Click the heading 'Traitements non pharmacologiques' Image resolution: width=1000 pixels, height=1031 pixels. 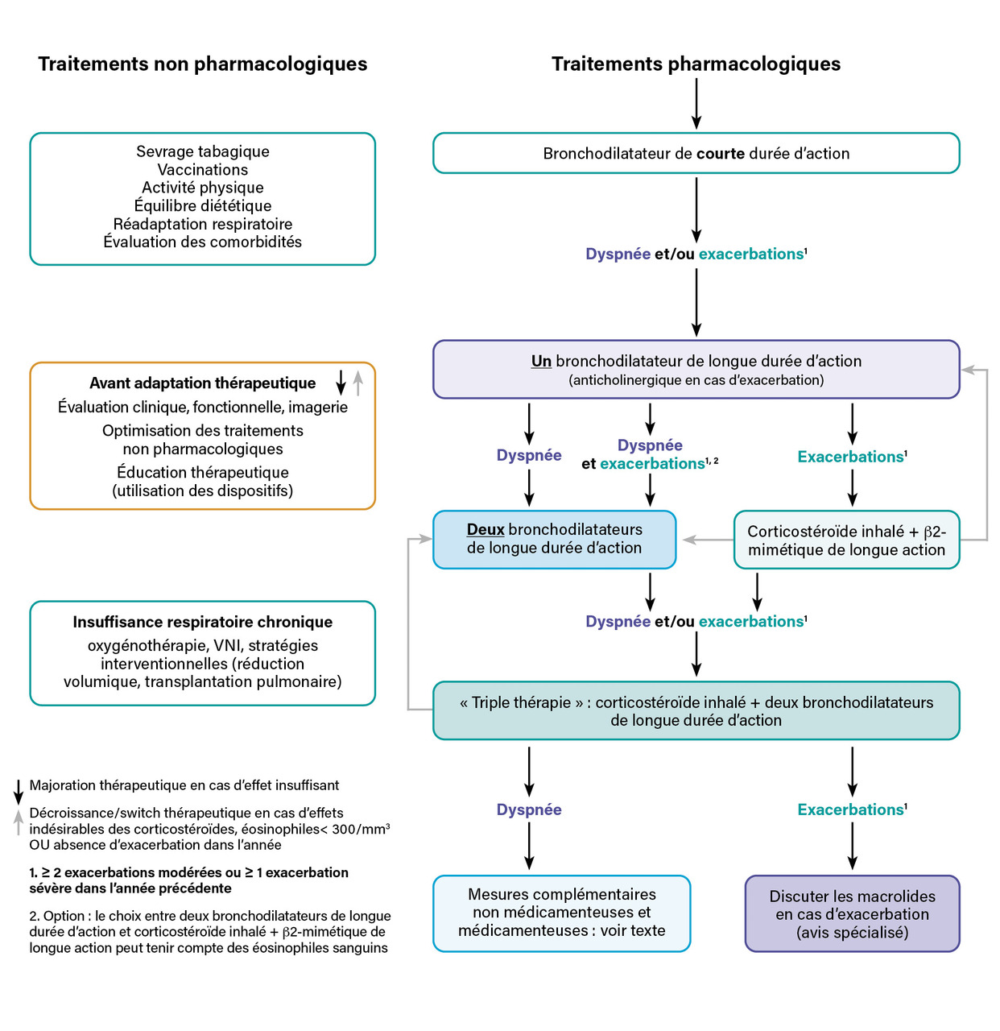[x=202, y=64]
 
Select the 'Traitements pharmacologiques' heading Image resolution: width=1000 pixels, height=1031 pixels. [x=696, y=64]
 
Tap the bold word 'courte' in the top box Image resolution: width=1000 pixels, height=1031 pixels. [x=721, y=154]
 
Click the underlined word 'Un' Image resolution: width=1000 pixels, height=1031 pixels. [x=541, y=362]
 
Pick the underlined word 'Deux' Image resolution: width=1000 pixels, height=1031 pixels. [x=486, y=529]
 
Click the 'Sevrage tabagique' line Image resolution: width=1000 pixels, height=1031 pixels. [x=202, y=151]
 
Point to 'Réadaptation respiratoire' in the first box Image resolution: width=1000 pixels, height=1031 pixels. [x=202, y=224]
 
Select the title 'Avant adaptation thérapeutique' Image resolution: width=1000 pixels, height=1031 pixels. [x=202, y=383]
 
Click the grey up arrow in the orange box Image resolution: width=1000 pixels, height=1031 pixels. [x=358, y=383]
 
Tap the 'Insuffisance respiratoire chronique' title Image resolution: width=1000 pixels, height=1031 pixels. [x=202, y=622]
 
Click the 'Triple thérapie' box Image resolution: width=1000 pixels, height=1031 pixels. [x=696, y=710]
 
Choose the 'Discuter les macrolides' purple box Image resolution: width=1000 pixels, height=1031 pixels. [x=852, y=913]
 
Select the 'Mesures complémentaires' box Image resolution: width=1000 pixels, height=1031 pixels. [x=561, y=913]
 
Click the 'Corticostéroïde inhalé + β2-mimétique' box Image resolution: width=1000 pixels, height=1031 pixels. [x=846, y=540]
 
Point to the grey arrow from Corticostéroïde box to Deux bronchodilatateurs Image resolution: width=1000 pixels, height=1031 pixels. [x=708, y=540]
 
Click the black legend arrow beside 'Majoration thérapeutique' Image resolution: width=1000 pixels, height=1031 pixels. [x=19, y=792]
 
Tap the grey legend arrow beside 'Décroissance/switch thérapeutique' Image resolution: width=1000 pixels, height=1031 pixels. [x=19, y=822]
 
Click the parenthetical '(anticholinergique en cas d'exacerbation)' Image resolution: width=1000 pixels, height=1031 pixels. [x=696, y=380]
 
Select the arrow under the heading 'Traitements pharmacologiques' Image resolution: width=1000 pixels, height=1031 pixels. [x=696, y=104]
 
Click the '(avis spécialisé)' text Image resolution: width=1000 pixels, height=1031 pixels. [x=852, y=933]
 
